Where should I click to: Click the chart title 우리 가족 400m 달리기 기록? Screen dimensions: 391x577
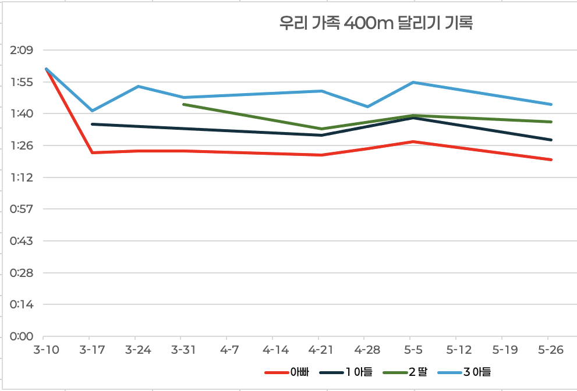[x=376, y=24]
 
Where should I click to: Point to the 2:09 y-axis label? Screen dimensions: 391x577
[x=22, y=51]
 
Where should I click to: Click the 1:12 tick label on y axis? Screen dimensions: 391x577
[x=22, y=177]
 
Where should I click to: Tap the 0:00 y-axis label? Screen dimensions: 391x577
[x=22, y=336]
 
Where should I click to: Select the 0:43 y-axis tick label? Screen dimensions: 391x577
[x=22, y=241]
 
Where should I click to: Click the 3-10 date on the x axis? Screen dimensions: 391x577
[x=43, y=350]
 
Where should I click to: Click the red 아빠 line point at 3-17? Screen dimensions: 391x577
[x=92, y=152]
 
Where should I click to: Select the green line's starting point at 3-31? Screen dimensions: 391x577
[x=183, y=104]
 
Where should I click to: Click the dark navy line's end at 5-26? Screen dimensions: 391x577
[x=551, y=140]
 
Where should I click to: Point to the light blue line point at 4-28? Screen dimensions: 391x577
[x=367, y=106]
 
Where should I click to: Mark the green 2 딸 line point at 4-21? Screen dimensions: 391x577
[x=321, y=129]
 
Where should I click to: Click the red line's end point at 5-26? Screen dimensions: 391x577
[x=551, y=159]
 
